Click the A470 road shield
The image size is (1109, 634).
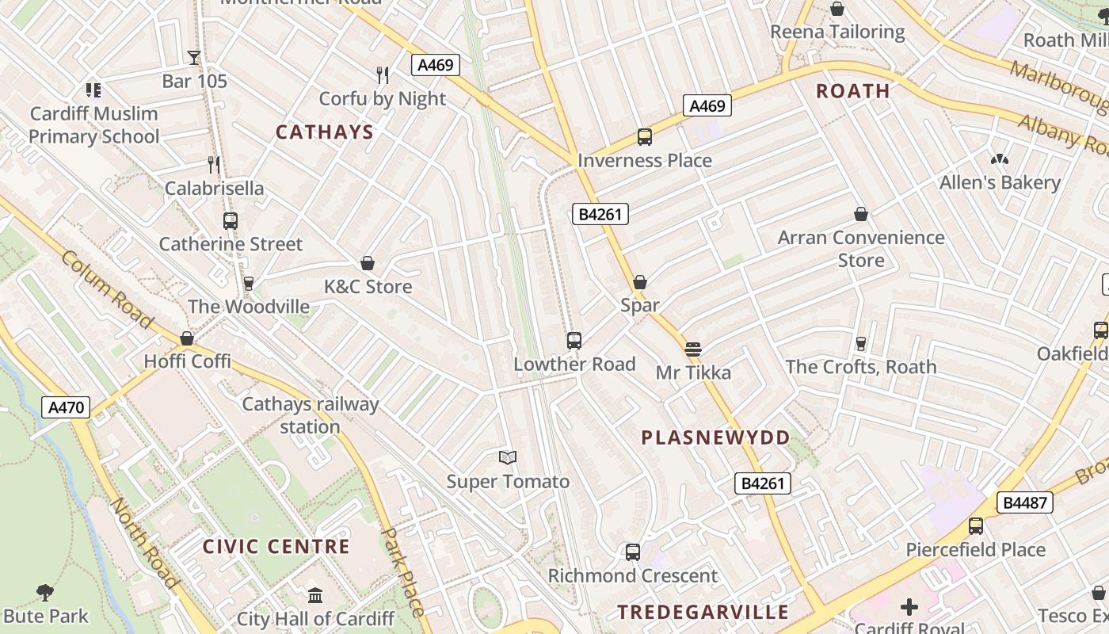coord(66,407)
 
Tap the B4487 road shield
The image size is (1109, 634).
coord(1026,502)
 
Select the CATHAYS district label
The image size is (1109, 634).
coord(324,132)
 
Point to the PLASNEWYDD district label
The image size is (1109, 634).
coord(715,437)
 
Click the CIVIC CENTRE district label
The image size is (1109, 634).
coord(276,547)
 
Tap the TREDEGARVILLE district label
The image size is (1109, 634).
coord(703,612)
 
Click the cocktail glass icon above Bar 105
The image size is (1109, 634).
coord(194,57)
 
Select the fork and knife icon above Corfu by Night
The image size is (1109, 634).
coord(383,75)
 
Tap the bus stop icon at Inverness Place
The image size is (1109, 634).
coord(645,137)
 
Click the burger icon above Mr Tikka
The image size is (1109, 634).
coord(693,349)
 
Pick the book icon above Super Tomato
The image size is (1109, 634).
coord(508,457)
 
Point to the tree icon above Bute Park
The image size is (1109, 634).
coord(45,592)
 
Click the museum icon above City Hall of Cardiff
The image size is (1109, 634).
coord(315,595)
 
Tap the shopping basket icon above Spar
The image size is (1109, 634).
coord(640,282)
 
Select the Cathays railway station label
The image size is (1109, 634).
coord(310,415)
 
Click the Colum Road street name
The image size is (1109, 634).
coord(106,289)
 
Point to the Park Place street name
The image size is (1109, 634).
coord(403,572)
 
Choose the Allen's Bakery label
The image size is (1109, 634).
coord(1000,182)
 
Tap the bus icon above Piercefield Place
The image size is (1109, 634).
coord(976,526)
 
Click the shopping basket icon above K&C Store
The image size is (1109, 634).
coord(368,263)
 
